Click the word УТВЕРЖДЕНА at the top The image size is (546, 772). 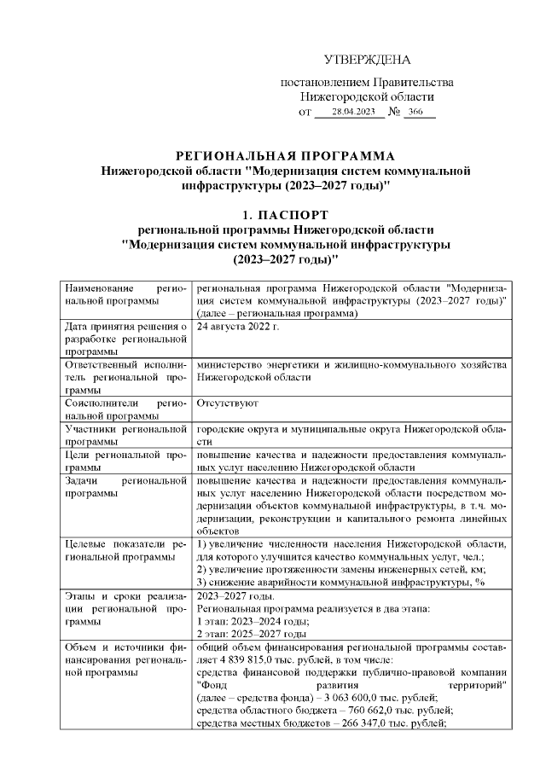pyautogui.click(x=368, y=60)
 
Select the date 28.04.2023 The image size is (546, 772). pyautogui.click(x=353, y=113)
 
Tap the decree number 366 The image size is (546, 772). pyautogui.click(x=415, y=113)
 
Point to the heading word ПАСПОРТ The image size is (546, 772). pyautogui.click(x=295, y=214)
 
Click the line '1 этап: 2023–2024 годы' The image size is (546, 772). pyautogui.click(x=252, y=623)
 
